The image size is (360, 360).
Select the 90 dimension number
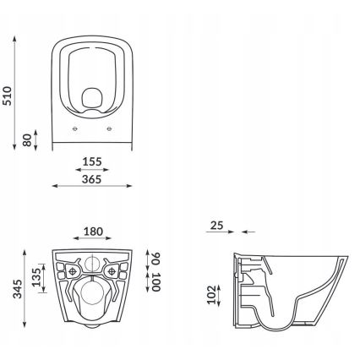155,257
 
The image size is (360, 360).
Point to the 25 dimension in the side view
217,226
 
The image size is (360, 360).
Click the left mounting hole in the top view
75,129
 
